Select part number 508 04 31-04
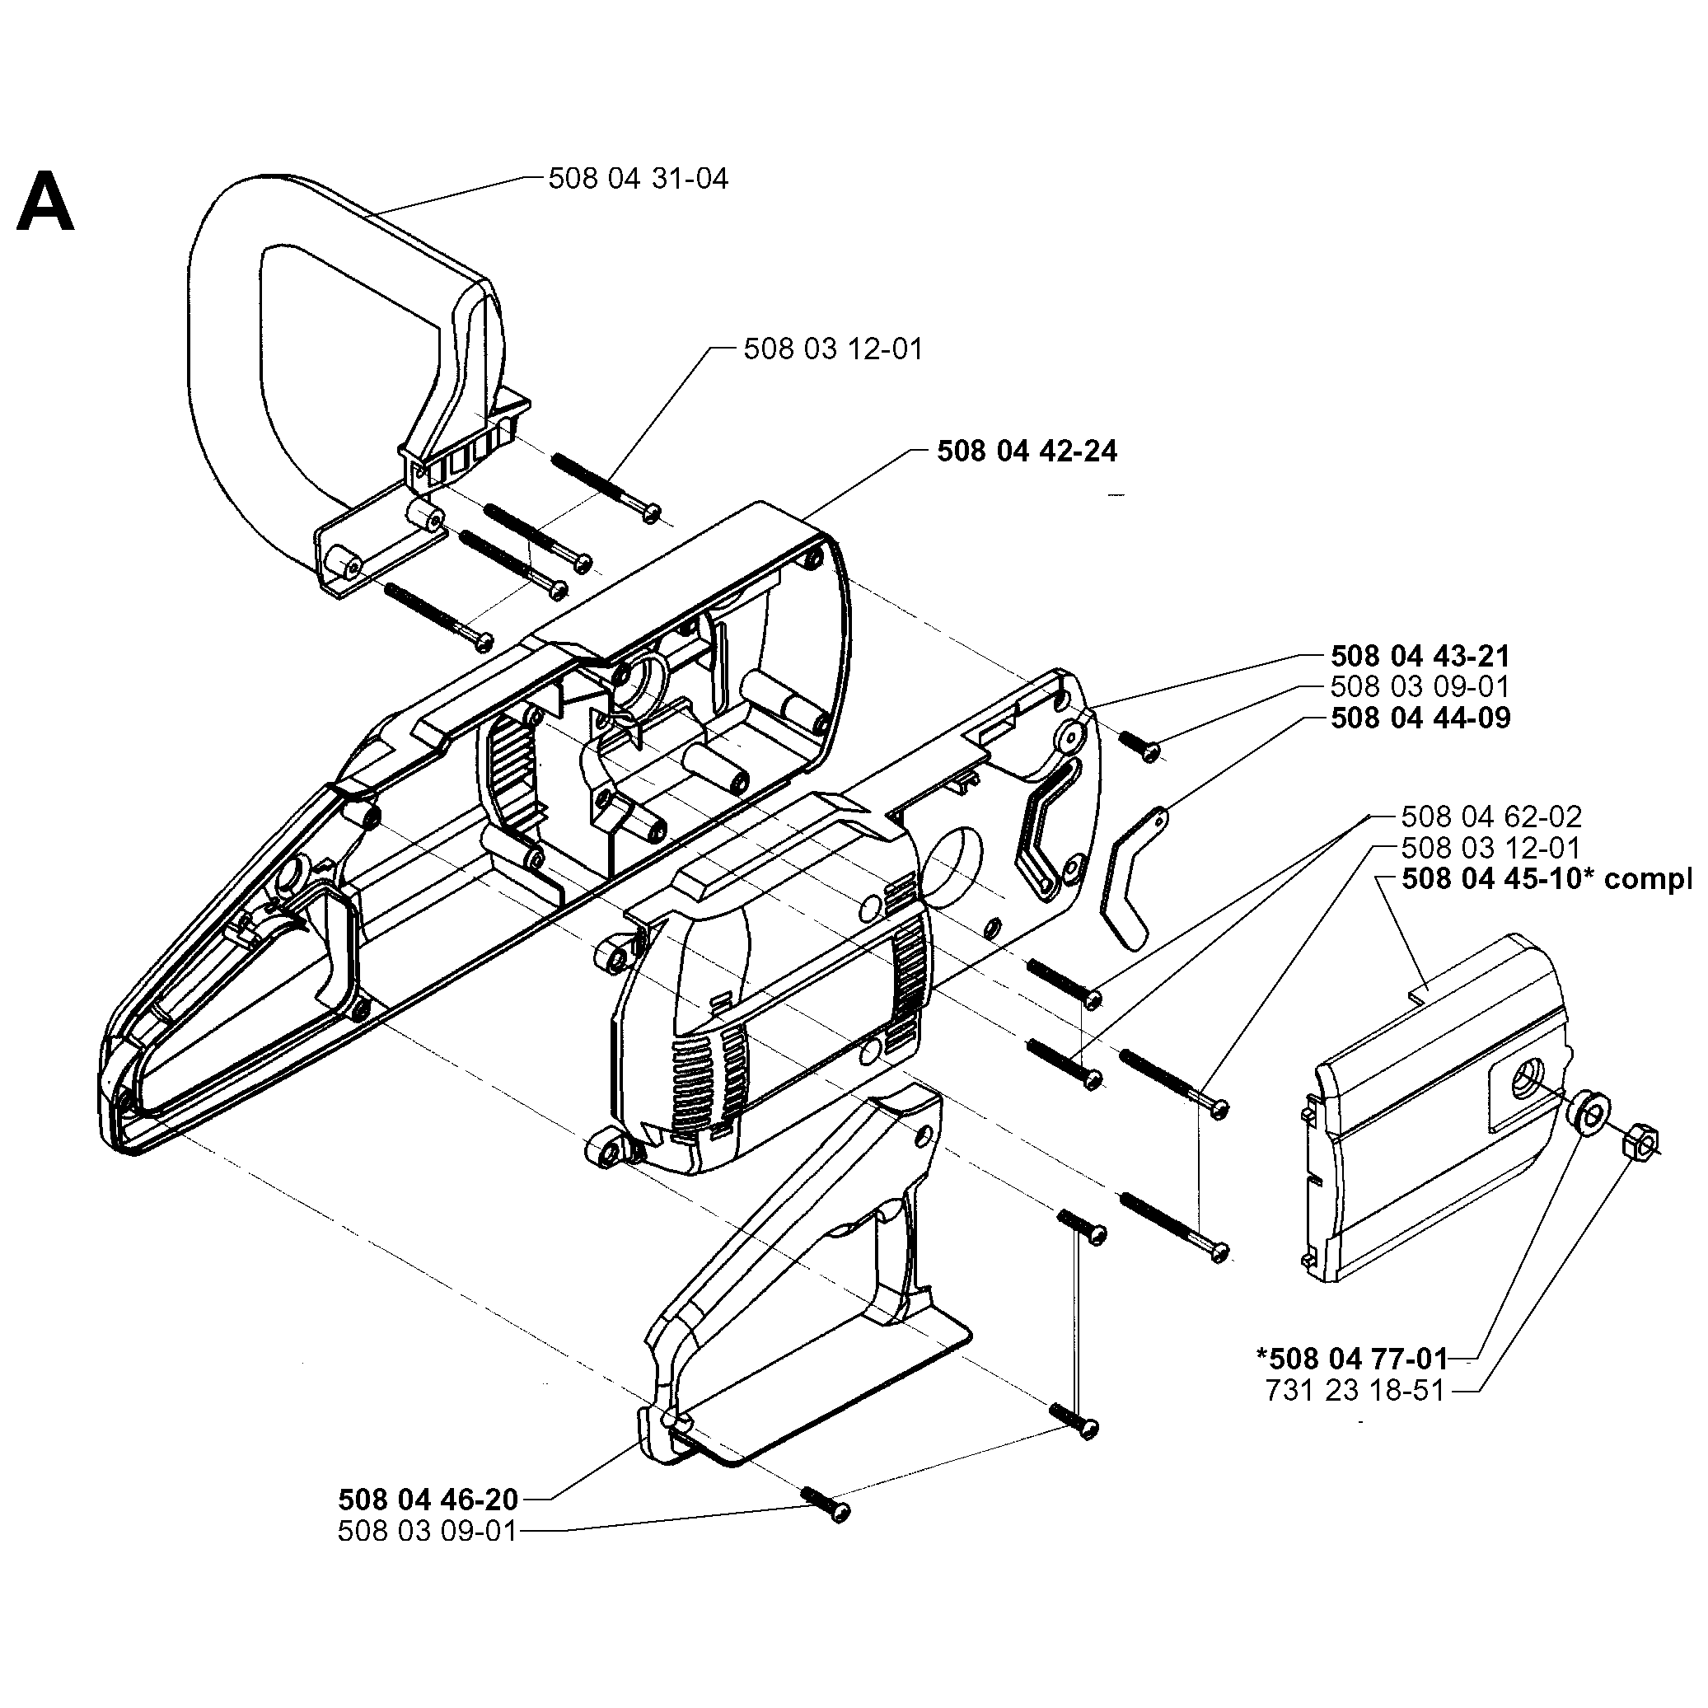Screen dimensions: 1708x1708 click(638, 179)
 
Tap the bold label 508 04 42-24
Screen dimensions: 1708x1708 click(1027, 451)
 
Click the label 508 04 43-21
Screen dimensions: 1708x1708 click(1420, 656)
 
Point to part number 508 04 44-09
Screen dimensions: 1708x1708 click(1420, 717)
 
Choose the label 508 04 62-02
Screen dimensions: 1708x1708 click(1490, 816)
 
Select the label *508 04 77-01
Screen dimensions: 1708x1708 click(1352, 1358)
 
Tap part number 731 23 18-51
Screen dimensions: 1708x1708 click(1355, 1391)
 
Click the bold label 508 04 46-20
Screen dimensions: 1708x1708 click(428, 1500)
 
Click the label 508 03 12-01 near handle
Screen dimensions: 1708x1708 click(832, 349)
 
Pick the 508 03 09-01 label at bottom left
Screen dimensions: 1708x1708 click(427, 1530)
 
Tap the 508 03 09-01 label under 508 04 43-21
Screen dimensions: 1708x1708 click(1420, 687)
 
